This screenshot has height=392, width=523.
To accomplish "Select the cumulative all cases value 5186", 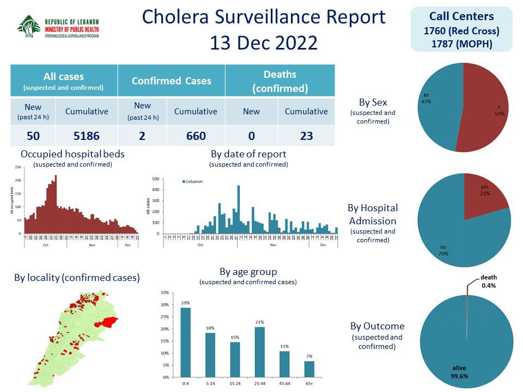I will click(86, 136).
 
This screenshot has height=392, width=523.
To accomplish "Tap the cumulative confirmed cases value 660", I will click(196, 136).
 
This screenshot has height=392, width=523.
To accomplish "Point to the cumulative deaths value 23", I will click(306, 136).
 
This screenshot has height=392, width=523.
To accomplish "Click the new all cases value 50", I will click(33, 136).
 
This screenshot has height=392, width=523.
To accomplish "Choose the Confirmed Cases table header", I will click(171, 81).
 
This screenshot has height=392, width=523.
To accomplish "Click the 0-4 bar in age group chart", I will click(186, 342).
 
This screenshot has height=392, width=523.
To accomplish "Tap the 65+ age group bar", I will click(309, 369).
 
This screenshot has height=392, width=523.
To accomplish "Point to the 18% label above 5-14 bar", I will click(210, 328).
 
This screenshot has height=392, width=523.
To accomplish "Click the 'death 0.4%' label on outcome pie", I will click(488, 281).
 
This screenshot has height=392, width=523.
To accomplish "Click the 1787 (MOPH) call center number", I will click(461, 44).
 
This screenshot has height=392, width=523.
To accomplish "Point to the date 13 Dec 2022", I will click(264, 42).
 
